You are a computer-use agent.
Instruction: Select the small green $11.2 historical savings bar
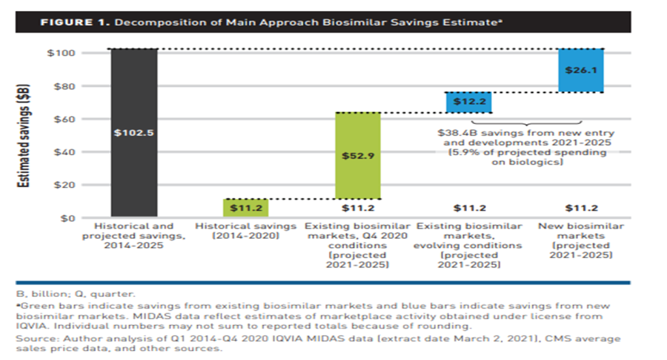(246, 208)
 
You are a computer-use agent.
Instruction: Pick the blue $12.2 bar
(469, 102)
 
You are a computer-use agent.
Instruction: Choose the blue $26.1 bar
(581, 70)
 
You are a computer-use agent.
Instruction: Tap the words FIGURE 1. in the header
(76, 22)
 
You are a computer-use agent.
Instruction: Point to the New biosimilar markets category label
(581, 231)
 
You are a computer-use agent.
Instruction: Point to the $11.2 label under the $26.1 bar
(581, 208)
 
